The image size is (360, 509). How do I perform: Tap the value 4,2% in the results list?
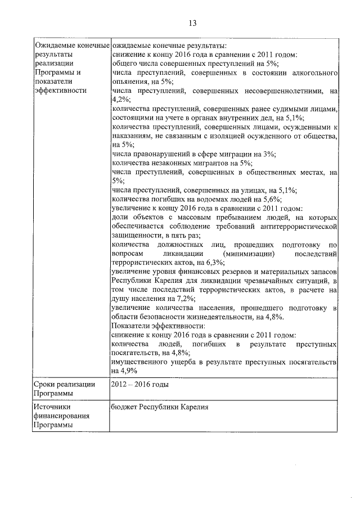(120, 100)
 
